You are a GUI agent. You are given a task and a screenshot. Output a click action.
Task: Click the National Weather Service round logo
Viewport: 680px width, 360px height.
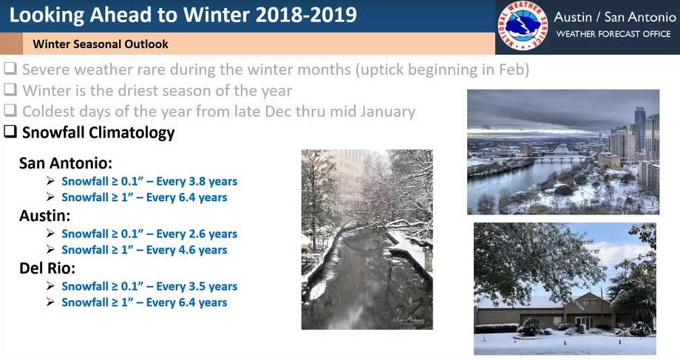(x=523, y=26)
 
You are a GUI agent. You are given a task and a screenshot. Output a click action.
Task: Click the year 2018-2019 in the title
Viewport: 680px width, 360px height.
(x=306, y=15)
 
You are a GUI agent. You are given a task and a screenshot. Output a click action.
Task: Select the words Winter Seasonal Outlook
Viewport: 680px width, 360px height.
(x=101, y=44)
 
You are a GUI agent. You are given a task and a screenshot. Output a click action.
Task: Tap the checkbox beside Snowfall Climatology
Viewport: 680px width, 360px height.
(x=10, y=132)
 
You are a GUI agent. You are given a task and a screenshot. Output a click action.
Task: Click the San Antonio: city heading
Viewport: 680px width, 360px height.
(x=66, y=163)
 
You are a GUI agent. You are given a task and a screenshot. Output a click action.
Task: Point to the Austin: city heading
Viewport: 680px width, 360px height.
(x=44, y=216)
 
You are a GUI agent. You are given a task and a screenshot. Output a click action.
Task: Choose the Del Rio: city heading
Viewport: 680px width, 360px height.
(x=47, y=268)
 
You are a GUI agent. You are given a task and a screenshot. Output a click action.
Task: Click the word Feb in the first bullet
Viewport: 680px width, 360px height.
(x=513, y=69)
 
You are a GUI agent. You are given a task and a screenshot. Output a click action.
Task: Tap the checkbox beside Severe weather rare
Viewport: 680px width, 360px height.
(x=10, y=69)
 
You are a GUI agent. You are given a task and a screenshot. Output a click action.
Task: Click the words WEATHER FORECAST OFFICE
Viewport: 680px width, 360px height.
(x=613, y=34)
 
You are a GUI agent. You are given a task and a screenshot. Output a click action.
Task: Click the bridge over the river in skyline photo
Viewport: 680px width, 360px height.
(x=563, y=158)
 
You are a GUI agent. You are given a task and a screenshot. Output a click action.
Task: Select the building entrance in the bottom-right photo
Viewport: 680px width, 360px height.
(x=584, y=322)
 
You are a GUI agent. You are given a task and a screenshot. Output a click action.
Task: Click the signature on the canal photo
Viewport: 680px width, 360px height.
(x=409, y=319)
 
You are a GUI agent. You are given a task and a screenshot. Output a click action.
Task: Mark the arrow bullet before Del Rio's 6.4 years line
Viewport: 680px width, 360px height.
(x=51, y=302)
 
